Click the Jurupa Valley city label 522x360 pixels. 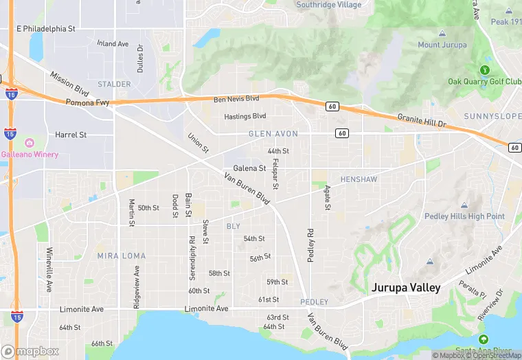coord(406,288)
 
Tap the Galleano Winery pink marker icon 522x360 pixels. coord(30,143)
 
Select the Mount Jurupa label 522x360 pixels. coord(442,45)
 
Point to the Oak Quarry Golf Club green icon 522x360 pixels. coord(485,69)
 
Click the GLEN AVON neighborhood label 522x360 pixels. coord(273,134)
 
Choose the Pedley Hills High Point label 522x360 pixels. coord(466,216)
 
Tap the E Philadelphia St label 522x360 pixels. coord(45,29)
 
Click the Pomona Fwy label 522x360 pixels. coord(87,102)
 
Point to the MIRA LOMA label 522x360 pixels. coord(122,256)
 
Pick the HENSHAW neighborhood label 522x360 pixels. coord(359,179)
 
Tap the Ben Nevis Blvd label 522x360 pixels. coord(236,100)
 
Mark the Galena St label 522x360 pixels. coord(249,168)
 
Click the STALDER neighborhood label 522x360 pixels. coord(114,85)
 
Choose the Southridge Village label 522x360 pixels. coord(328,5)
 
